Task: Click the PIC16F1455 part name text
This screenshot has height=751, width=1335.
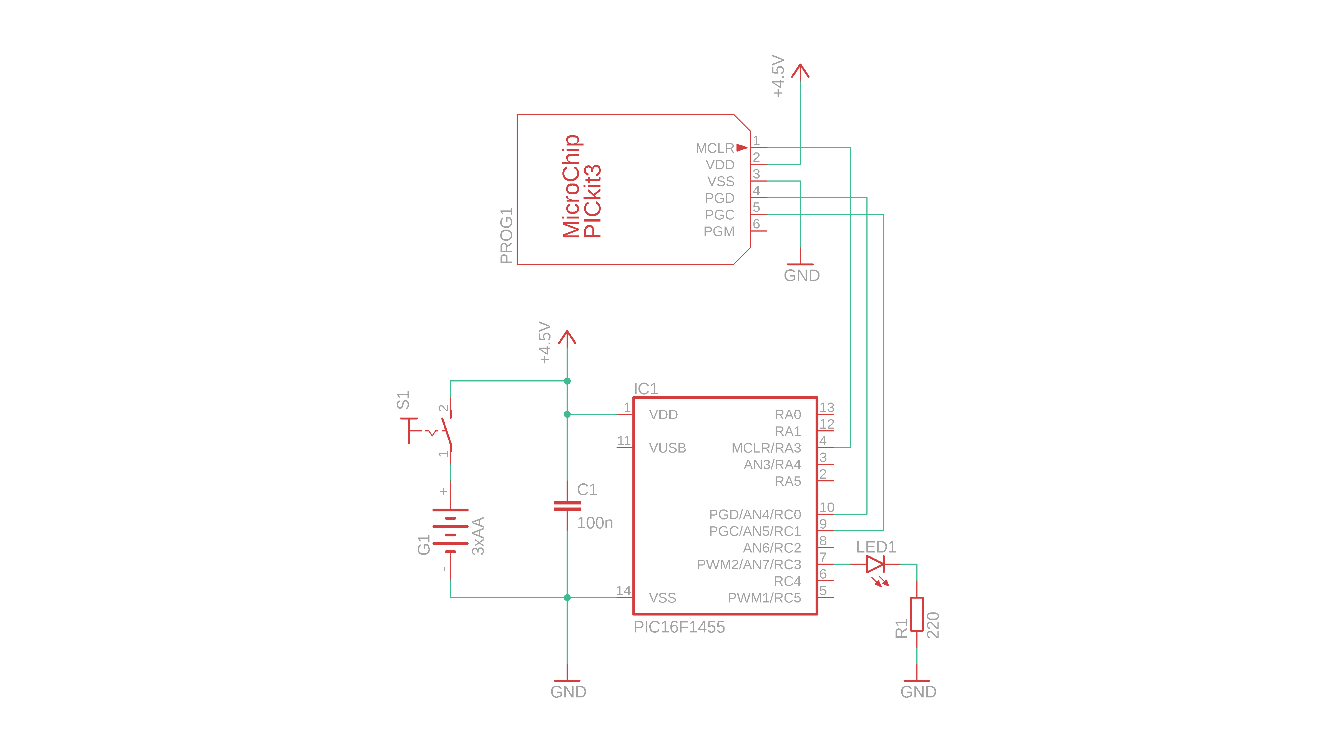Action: click(679, 627)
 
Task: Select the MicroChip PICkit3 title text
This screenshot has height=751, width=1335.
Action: click(582, 187)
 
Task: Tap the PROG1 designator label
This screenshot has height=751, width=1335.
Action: click(506, 236)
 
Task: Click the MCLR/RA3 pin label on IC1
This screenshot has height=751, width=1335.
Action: click(766, 448)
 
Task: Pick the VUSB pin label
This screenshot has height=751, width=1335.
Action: click(667, 448)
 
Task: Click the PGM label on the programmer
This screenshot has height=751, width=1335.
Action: click(719, 231)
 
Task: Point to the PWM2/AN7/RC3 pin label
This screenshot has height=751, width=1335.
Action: click(749, 564)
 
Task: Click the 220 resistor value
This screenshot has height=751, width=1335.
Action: click(933, 625)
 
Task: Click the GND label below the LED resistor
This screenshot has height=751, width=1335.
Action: click(918, 692)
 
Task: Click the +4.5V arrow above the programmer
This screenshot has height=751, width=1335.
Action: click(800, 72)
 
